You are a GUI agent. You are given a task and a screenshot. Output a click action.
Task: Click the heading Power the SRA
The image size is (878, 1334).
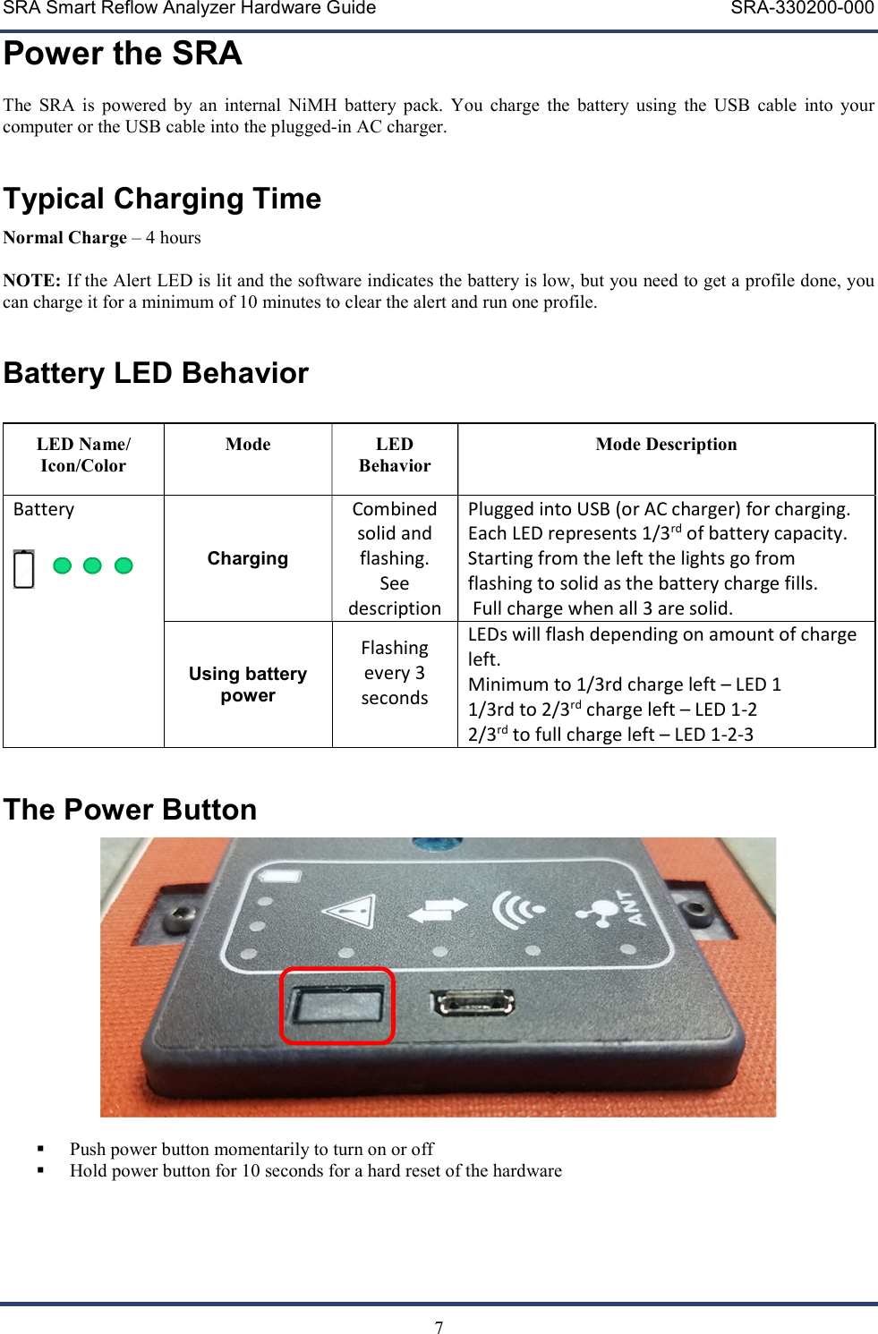click(x=123, y=54)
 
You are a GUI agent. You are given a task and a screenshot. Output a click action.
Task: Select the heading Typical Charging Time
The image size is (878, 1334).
click(x=162, y=199)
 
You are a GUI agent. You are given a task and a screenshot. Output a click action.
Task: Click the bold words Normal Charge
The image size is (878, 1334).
click(x=65, y=238)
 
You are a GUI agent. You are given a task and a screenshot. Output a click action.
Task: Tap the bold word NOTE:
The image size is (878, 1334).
click(x=31, y=281)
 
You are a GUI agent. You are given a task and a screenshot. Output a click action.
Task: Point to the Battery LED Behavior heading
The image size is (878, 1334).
click(x=156, y=373)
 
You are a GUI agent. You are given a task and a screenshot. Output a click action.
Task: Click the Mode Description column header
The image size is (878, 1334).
click(x=666, y=445)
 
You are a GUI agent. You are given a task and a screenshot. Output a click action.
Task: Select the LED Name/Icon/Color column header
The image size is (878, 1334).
click(x=83, y=455)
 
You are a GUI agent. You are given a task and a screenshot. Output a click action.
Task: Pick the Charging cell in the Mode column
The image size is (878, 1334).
click(x=248, y=559)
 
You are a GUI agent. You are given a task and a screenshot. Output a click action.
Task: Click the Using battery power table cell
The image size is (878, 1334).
click(x=248, y=684)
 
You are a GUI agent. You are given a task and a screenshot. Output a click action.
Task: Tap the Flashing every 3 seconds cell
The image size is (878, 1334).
click(x=395, y=673)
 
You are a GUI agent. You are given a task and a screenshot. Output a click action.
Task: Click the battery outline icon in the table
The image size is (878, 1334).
click(x=24, y=569)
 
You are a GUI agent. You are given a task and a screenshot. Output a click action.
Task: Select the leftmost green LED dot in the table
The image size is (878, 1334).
click(x=63, y=565)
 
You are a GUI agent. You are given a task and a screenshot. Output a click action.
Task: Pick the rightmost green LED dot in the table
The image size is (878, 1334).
click(x=124, y=565)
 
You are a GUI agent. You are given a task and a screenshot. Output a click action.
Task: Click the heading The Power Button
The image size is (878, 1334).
click(x=131, y=810)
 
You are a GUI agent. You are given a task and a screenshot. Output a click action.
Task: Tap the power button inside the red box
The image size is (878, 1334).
click(x=337, y=1007)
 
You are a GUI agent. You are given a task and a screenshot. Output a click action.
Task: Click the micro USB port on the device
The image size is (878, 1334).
click(x=473, y=1002)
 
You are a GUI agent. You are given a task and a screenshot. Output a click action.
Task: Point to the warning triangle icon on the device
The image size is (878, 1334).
click(x=348, y=913)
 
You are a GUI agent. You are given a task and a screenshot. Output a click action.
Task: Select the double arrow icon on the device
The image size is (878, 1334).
click(x=437, y=910)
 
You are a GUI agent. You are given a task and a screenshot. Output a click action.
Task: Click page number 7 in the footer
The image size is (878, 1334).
click(x=439, y=1328)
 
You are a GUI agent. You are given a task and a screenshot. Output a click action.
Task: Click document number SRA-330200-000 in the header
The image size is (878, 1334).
click(x=802, y=9)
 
